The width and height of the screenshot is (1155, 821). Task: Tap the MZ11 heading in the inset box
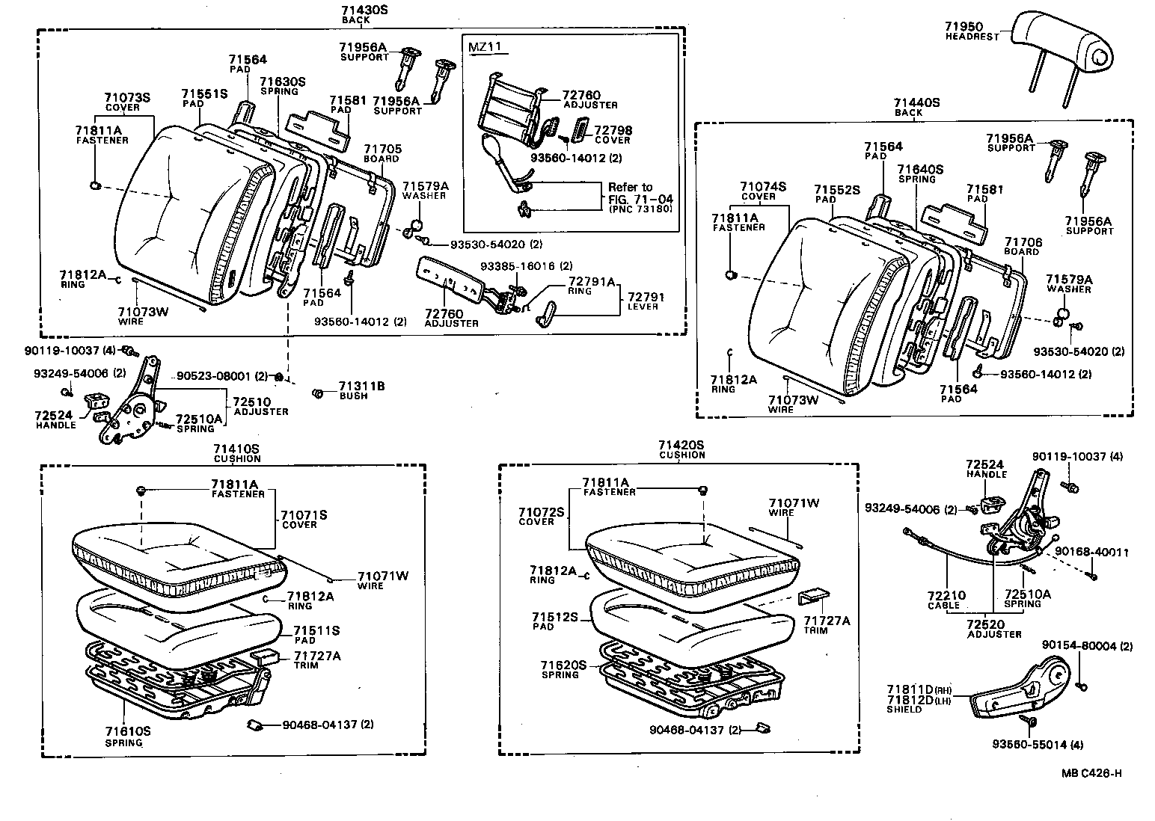[483, 47]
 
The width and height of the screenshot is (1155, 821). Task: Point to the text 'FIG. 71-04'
[640, 199]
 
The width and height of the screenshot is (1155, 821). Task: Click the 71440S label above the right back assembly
[916, 102]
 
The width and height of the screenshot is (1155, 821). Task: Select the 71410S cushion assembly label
[236, 448]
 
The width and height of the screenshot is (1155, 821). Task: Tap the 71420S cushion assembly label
[681, 445]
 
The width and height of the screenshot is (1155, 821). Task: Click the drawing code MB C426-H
[1091, 773]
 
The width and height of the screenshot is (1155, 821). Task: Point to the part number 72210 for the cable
[946, 596]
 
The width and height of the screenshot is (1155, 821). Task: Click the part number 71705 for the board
[382, 149]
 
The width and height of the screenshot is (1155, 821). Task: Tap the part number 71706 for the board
[1023, 242]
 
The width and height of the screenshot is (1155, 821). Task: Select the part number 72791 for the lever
[646, 297]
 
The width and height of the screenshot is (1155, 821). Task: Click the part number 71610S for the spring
[128, 731]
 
